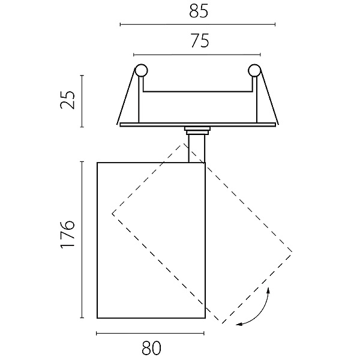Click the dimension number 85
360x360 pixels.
[199, 11]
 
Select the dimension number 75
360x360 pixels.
[200, 41]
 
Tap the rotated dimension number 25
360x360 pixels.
[67, 100]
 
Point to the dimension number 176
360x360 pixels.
[67, 235]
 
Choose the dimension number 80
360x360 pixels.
[152, 348]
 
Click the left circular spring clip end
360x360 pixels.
[141, 70]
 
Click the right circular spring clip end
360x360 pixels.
[254, 70]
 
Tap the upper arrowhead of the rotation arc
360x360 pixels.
[268, 290]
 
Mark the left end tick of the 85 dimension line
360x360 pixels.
[121, 25]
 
